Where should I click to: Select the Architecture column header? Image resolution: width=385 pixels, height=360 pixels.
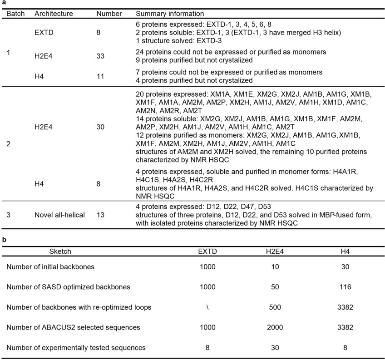click(54, 14)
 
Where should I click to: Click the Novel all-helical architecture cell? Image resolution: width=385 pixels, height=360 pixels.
click(59, 215)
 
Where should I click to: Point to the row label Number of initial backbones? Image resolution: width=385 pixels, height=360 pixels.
click(50, 266)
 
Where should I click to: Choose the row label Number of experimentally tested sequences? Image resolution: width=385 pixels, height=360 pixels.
click(76, 348)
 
